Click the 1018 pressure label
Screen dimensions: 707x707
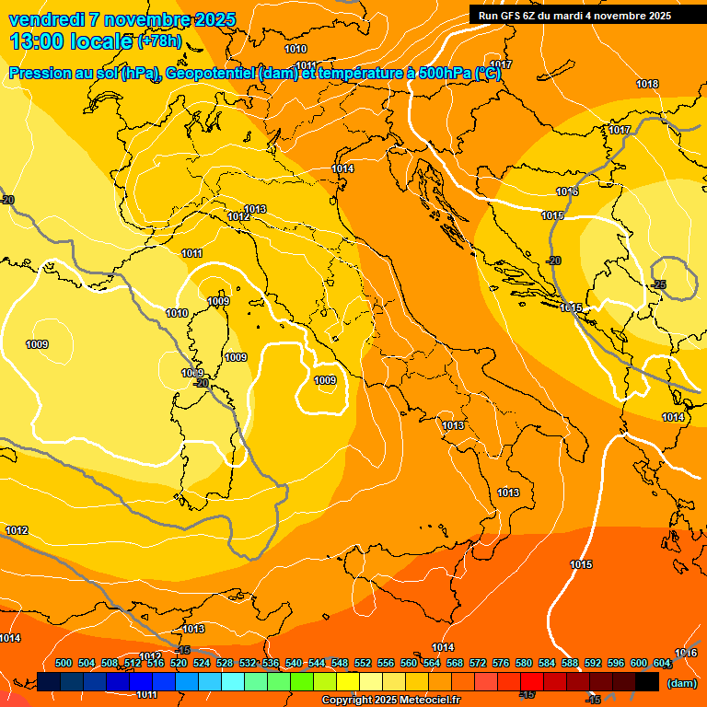tap(647, 84)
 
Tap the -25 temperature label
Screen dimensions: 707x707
tap(659, 284)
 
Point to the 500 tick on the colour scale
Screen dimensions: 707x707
tap(64, 663)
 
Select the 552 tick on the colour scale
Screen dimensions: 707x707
tap(363, 663)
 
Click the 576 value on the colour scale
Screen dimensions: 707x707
tap(501, 663)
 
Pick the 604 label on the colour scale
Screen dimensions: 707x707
tap(662, 663)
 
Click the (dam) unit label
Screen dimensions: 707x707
tap(681, 683)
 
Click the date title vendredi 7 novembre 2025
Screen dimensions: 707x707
tap(122, 19)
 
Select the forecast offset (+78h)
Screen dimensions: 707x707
tap(160, 41)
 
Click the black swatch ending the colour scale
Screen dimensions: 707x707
tap(647, 681)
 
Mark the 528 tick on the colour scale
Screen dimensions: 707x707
tap(225, 663)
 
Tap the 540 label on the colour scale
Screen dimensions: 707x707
tap(294, 663)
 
